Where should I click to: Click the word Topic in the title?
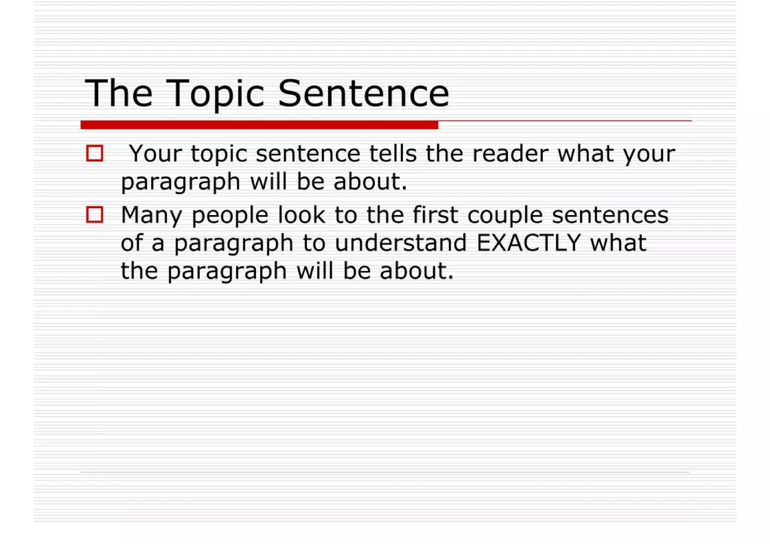[215, 94]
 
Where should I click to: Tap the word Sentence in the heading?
[363, 94]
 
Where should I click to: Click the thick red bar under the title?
[259, 125]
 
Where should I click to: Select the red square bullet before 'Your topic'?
[94, 153]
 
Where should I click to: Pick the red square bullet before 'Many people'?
[94, 215]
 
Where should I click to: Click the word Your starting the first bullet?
[155, 154]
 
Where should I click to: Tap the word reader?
[510, 154]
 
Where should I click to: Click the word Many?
[151, 215]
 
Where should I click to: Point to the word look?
[302, 215]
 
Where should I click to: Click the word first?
[435, 215]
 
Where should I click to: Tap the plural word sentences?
[610, 215]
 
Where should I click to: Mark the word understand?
[401, 243]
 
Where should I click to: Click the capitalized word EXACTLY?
[529, 243]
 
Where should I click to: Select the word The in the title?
[119, 94]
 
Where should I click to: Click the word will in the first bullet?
[268, 182]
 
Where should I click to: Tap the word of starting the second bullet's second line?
[131, 243]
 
